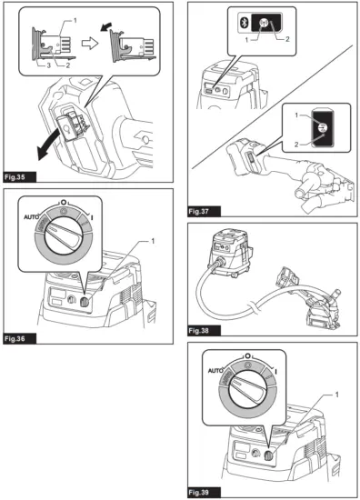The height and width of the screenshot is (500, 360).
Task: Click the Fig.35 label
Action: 20,177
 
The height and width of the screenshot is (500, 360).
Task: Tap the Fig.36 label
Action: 20,339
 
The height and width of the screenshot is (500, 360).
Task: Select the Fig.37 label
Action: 204,212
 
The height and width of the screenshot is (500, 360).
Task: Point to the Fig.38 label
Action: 204,331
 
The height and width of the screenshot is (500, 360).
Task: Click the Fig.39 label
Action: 204,493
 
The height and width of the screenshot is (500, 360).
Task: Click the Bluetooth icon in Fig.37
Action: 244,23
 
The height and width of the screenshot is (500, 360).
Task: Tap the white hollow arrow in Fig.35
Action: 90,44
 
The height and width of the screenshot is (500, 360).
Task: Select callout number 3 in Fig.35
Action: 49,65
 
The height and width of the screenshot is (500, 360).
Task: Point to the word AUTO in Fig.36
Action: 31,217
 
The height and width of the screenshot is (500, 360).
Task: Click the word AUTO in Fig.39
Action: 215,371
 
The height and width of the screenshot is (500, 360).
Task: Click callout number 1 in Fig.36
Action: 153,241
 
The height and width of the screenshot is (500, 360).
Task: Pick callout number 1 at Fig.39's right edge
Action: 336,395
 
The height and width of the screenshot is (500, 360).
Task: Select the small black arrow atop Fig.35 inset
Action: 105,27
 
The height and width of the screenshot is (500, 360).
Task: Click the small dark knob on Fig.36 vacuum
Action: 85,303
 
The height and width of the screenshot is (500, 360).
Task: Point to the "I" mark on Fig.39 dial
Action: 275,372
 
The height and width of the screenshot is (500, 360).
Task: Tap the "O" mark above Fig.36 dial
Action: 64,202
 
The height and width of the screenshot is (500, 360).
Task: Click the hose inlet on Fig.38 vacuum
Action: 219,263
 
